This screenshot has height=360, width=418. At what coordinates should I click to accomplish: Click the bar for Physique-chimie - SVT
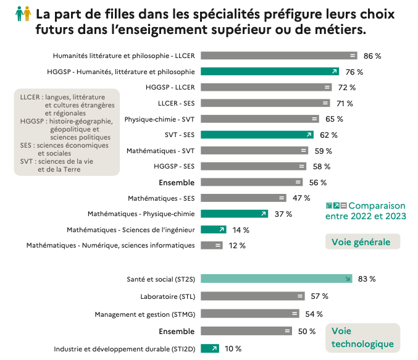[x=259, y=119]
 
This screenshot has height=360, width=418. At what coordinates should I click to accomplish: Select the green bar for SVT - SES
[x=257, y=135]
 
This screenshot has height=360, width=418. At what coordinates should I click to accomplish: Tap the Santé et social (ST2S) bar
[x=276, y=278]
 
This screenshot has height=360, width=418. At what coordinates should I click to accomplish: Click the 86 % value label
[x=372, y=56]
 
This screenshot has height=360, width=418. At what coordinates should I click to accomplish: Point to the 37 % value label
[x=283, y=214]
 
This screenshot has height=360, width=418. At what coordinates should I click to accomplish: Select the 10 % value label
[x=233, y=349]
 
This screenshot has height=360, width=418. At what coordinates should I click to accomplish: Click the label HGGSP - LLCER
[x=170, y=88]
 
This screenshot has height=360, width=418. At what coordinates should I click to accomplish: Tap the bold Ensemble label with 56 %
[x=177, y=182]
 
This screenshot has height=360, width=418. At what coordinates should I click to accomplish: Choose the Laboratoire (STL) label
[x=167, y=296]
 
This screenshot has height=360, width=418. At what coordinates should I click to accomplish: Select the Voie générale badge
[x=362, y=241]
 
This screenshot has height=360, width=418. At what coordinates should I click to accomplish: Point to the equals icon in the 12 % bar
[x=217, y=246]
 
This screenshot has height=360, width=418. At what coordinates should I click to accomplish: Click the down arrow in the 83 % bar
[x=348, y=279]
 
